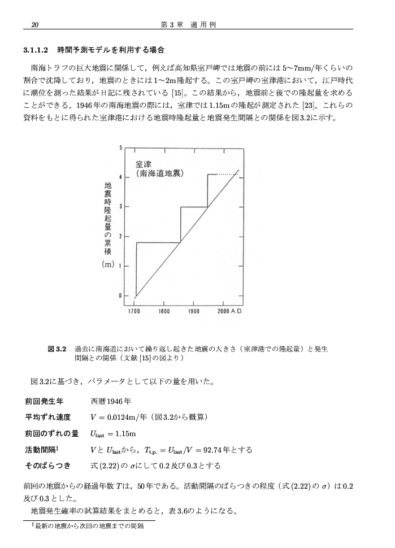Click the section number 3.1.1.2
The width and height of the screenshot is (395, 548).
click(x=38, y=50)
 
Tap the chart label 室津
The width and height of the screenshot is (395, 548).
click(x=143, y=164)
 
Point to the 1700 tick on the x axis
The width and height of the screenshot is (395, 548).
click(x=134, y=311)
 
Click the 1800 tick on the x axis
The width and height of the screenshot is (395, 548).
click(x=164, y=311)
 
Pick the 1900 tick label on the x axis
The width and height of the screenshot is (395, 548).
click(x=194, y=311)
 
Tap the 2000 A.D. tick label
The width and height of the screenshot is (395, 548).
click(x=230, y=311)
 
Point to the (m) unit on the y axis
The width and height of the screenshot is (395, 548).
click(x=108, y=264)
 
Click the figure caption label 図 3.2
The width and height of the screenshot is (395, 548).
click(x=58, y=349)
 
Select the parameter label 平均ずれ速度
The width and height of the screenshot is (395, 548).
click(x=47, y=417)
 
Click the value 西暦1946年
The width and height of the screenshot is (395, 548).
click(x=111, y=402)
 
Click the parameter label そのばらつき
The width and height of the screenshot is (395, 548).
click(x=47, y=466)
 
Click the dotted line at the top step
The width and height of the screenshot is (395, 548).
click(x=228, y=175)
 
